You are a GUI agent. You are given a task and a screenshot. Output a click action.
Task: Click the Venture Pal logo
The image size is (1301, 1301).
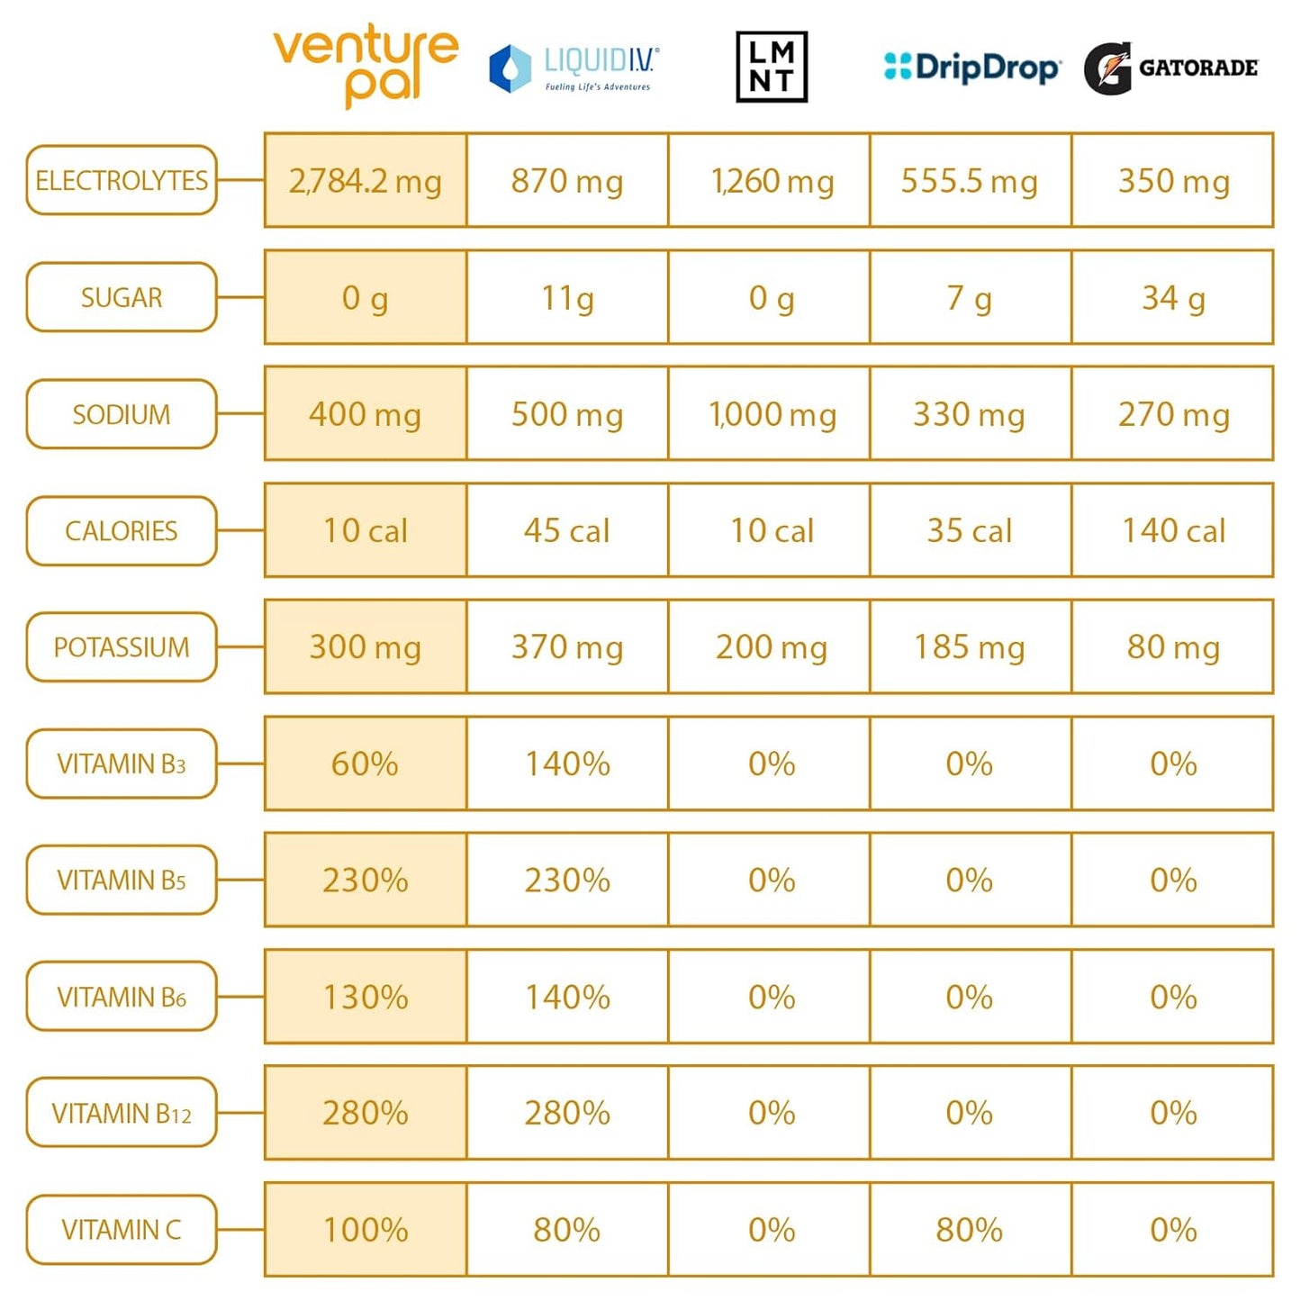366,66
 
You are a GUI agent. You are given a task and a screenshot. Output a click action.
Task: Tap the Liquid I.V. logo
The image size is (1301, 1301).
574,68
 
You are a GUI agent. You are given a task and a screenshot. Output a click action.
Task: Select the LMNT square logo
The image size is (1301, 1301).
771,67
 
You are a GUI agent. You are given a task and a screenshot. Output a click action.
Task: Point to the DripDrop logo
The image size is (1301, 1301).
971,68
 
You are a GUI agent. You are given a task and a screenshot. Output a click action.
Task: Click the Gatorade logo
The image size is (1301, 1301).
1170,68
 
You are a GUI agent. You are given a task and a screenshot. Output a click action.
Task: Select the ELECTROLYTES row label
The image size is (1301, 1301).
122,181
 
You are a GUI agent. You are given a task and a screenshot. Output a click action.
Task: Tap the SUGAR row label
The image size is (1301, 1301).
122,297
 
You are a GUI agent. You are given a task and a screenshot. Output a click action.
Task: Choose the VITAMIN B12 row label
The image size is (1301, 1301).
122,1113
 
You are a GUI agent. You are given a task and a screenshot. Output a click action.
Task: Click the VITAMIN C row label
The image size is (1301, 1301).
122,1229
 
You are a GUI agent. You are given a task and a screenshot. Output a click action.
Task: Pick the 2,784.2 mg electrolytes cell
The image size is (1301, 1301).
366,181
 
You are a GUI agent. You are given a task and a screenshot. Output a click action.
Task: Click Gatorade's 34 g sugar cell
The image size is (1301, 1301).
1172,297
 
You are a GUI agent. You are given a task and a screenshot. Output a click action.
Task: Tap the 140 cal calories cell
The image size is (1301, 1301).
1172,530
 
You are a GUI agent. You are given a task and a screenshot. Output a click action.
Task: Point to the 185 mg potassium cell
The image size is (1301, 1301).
971,646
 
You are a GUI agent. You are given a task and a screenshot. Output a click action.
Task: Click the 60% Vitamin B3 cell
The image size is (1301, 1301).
366,763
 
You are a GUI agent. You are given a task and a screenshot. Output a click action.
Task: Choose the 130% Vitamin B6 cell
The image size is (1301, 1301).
366,997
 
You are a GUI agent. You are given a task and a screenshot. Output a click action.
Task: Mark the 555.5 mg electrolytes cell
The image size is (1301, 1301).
971,181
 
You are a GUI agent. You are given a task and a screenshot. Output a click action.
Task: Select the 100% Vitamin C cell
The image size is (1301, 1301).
366,1229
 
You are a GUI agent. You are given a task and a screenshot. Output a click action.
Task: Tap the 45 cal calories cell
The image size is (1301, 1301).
567,530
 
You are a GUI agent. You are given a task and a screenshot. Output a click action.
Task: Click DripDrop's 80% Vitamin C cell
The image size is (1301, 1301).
971,1229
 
